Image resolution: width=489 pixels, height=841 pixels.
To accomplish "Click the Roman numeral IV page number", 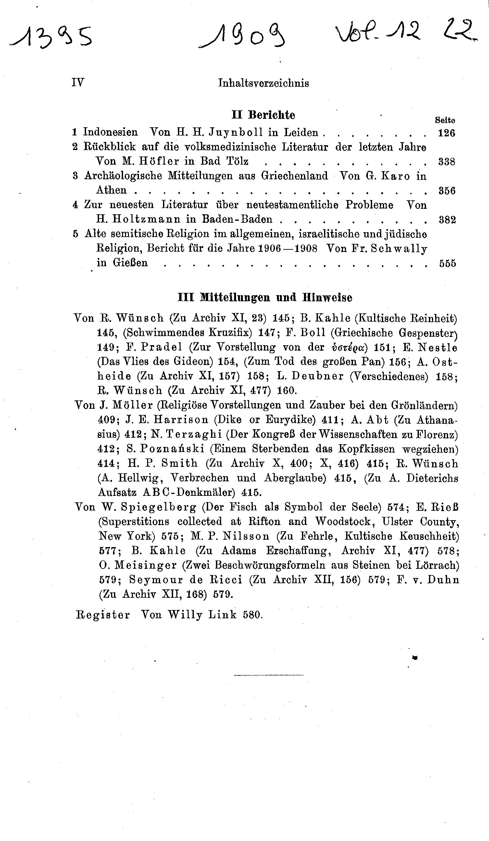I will coord(78,82).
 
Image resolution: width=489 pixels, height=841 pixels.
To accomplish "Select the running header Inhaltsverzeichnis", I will coord(263,83).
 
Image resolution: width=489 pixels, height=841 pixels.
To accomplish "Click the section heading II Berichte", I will coord(263,115).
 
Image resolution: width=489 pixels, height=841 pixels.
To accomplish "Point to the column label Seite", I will coord(445,120).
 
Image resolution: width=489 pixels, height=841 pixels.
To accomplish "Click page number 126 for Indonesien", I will coord(446,133).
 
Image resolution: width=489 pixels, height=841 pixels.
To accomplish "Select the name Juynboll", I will coord(236,132).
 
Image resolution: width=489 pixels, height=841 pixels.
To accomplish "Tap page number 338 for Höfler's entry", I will coord(446,162).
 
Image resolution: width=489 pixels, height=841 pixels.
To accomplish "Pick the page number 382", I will coord(447,220).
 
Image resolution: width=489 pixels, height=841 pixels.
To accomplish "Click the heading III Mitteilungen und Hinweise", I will coord(265,297).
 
